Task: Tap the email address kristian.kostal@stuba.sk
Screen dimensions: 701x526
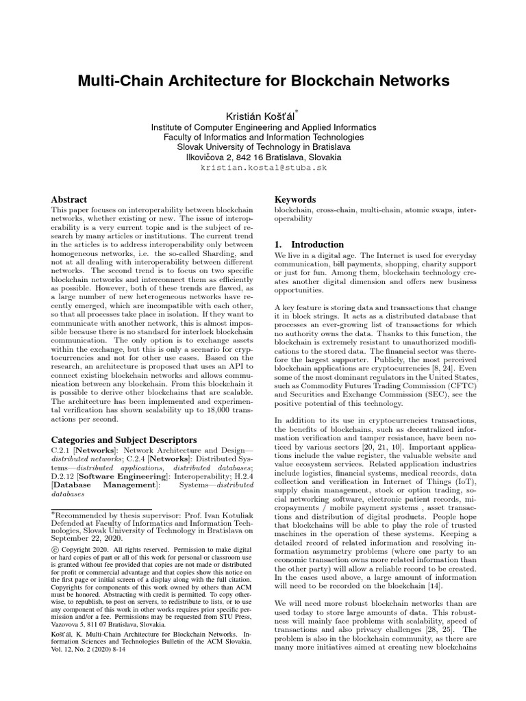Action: [x=263, y=167]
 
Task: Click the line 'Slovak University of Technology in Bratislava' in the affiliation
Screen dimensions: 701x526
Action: [x=263, y=146]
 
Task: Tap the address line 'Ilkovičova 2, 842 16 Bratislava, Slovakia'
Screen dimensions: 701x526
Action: [x=263, y=157]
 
